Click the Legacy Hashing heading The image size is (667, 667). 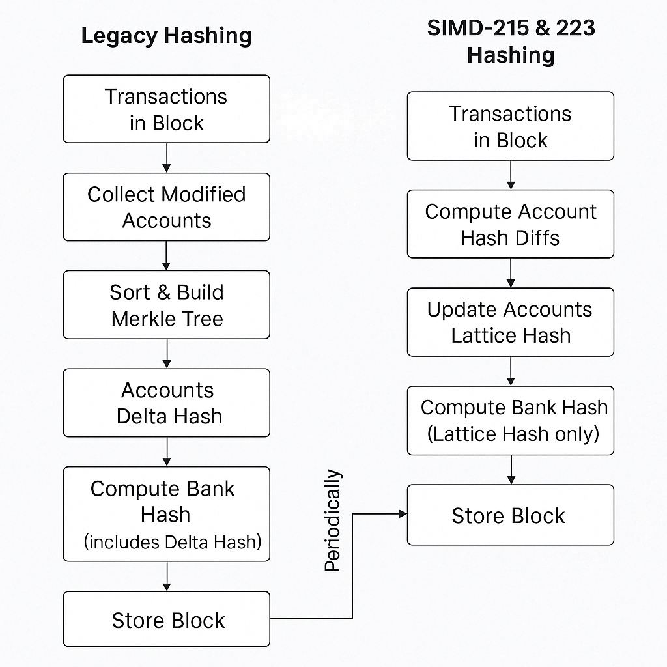click(x=166, y=36)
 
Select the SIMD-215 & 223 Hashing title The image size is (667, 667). click(x=511, y=42)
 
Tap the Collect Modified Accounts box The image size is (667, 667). click(x=166, y=207)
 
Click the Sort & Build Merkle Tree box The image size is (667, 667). click(x=166, y=305)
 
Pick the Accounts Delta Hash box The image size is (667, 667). click(x=166, y=403)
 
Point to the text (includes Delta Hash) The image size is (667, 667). click(x=172, y=541)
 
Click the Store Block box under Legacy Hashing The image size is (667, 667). click(x=166, y=619)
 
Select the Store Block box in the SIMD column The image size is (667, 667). click(x=510, y=515)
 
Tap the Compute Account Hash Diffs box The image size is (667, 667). click(x=510, y=224)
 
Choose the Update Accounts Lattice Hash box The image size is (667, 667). click(x=510, y=322)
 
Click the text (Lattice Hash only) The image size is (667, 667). click(x=513, y=434)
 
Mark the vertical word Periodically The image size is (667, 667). click(x=333, y=520)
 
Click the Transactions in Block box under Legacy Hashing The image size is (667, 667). click(x=166, y=109)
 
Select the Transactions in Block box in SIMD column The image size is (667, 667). click(x=510, y=126)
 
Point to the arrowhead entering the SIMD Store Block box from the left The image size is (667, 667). click(x=403, y=514)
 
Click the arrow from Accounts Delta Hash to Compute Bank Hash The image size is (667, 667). click(x=167, y=451)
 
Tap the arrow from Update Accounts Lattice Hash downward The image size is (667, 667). click(x=511, y=371)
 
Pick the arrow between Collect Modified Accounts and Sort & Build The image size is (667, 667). click(x=167, y=255)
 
